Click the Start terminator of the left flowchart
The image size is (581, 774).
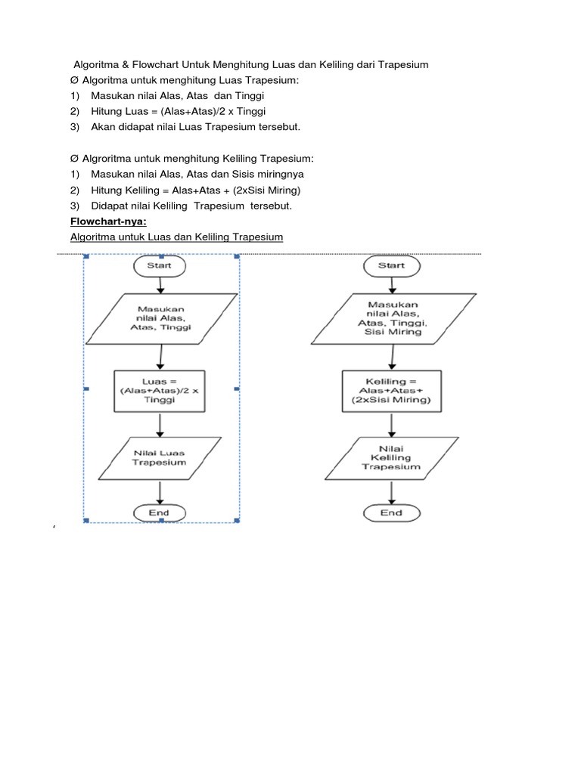159,265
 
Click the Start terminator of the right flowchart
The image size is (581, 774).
390,265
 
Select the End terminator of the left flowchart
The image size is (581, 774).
159,512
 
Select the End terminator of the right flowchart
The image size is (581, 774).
390,512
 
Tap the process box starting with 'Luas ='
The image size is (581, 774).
159,390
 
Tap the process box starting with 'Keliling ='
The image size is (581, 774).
390,390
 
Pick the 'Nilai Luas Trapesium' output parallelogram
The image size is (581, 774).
159,457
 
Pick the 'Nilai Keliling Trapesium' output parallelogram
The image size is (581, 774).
390,457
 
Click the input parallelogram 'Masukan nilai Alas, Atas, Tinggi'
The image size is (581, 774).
159,318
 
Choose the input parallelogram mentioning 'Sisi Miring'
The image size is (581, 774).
390,318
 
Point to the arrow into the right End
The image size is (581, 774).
390,492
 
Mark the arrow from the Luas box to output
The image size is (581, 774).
159,424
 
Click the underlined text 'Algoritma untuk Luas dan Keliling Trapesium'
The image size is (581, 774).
176,237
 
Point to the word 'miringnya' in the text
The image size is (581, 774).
278,175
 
